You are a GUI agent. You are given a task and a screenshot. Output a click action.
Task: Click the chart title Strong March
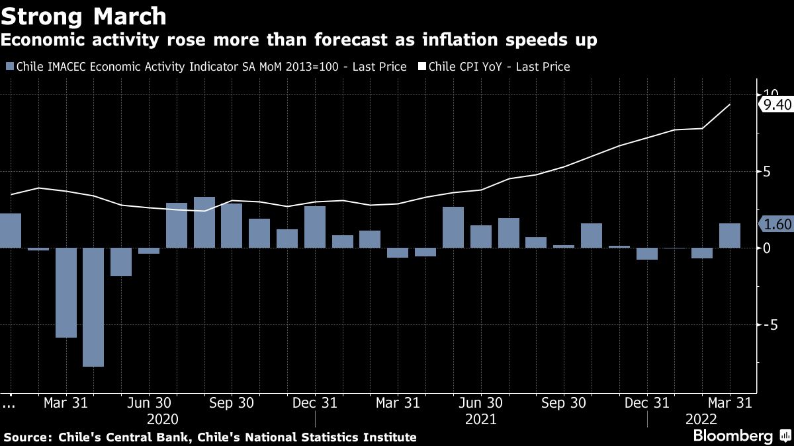pos(83,14)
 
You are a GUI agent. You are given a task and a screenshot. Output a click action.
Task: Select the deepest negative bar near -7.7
pos(93,307)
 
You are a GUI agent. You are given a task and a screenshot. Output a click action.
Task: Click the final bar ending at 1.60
pos(730,236)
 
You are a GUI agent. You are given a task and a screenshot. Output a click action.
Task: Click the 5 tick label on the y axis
pos(767,172)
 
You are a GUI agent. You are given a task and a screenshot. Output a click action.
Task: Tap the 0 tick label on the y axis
pos(767,248)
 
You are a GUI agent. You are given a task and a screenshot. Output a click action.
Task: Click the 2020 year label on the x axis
pos(163,420)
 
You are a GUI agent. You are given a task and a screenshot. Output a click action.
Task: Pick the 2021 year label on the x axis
pos(481,420)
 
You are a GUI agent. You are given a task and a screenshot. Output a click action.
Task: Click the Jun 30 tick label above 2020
pos(149,403)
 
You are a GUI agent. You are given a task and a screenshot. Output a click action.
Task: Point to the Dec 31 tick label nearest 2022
pos(647,403)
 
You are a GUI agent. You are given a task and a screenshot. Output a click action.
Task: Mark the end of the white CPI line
pos(730,104)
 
